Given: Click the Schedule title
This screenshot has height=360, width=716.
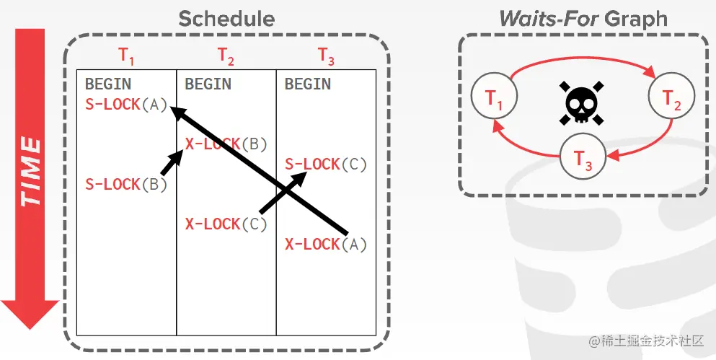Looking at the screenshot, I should point(226,18).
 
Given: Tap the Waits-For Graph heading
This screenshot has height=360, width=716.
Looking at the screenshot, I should point(583,18).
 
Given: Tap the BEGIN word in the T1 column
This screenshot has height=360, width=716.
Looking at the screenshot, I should point(108,84).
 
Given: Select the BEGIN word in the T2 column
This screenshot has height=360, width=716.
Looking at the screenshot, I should point(208,84).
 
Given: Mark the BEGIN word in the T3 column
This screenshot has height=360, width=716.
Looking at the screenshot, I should point(308,84).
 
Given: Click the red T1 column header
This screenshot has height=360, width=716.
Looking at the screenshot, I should point(126,56).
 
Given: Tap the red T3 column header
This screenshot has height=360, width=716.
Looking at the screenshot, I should point(327,56).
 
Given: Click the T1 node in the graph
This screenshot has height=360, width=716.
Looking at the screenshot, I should point(494,97).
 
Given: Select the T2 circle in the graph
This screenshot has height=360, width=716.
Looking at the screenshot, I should point(671,97).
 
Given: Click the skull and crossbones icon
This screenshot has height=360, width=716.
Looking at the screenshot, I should point(581,103).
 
